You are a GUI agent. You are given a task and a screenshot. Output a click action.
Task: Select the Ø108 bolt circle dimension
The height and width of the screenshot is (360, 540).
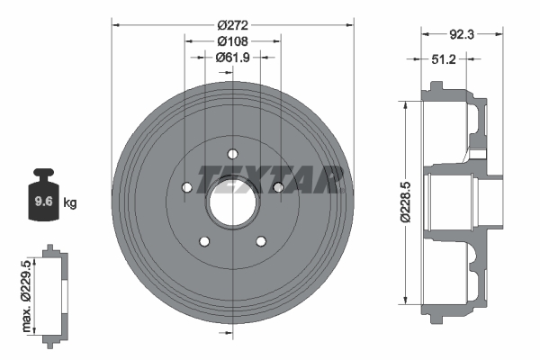pyautogui.click(x=232, y=40)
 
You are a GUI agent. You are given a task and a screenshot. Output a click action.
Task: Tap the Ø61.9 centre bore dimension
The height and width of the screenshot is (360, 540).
pyautogui.click(x=232, y=57)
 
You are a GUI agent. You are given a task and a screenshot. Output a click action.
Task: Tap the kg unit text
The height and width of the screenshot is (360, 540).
pyautogui.click(x=70, y=203)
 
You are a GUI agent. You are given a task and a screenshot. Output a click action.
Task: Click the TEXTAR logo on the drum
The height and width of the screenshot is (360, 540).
pyautogui.click(x=270, y=177)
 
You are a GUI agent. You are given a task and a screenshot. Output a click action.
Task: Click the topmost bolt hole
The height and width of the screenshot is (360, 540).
pyautogui.click(x=232, y=152)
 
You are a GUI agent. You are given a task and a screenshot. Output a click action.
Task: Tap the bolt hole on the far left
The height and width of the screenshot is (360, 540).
pyautogui.click(x=187, y=187)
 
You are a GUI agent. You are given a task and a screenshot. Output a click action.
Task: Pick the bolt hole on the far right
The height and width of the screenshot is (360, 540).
pyautogui.click(x=278, y=186)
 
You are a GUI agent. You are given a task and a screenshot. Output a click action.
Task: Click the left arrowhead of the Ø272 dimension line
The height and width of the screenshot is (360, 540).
pyautogui.click(x=116, y=25)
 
